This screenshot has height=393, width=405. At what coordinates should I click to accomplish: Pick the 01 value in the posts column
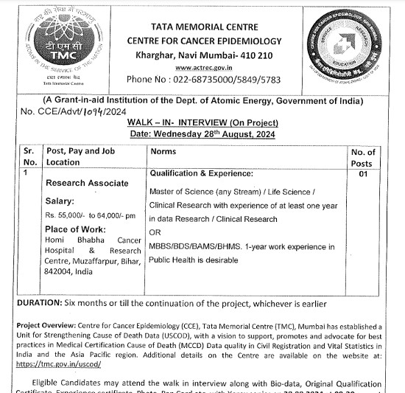(362, 175)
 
